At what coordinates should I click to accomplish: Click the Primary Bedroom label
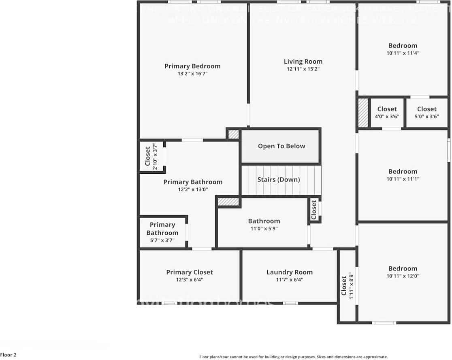[x=192, y=66]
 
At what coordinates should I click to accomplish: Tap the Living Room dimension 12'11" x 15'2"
[x=303, y=69]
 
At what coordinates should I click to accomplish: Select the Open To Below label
[x=281, y=146]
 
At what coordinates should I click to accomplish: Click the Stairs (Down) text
[x=279, y=180]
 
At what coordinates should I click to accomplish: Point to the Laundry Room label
[x=289, y=273]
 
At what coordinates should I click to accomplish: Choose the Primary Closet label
[x=189, y=273]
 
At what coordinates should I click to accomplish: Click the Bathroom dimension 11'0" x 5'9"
[x=264, y=228]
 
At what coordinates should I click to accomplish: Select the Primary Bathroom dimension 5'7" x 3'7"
[x=162, y=240]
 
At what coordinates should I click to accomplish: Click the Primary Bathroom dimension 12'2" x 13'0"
[x=193, y=190]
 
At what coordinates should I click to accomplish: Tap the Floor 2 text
[x=9, y=355]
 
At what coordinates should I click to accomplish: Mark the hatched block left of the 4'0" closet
[x=363, y=113]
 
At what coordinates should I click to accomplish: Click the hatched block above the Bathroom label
[x=228, y=201]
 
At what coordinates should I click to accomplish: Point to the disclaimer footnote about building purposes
[x=293, y=357]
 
